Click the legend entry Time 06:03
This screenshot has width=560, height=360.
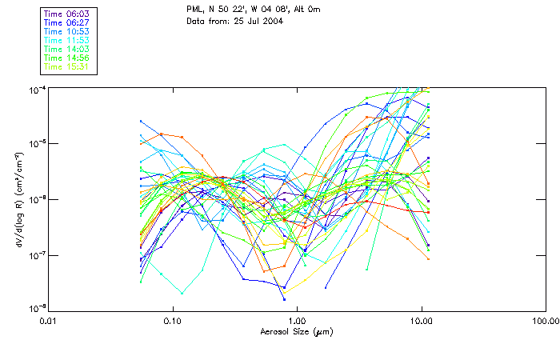tap(67, 14)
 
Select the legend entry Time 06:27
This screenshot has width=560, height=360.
tap(67, 22)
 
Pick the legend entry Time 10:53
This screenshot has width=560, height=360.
tap(67, 31)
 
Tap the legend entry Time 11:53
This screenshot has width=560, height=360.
tap(67, 40)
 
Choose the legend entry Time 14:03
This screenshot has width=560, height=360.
tap(67, 50)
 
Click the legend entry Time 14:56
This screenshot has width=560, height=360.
tap(67, 58)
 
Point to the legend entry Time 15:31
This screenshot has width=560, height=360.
tap(67, 67)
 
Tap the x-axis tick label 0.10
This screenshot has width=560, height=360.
tap(173, 322)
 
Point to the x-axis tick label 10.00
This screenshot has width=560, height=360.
tap(421, 322)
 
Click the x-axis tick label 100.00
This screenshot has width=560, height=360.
tap(545, 322)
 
